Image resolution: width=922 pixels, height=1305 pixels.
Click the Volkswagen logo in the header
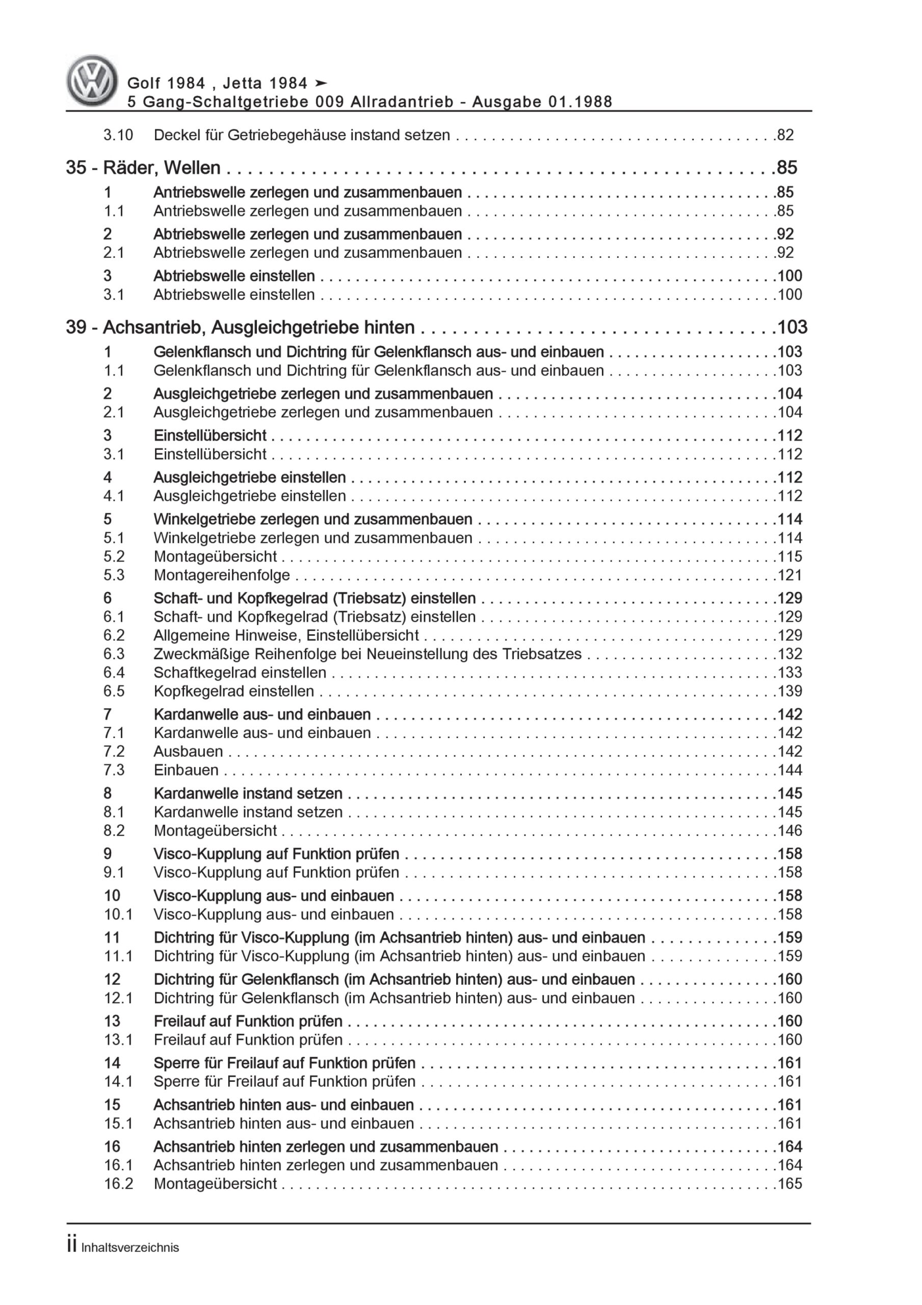(x=92, y=81)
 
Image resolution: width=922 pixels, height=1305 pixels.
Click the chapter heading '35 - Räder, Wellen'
(x=143, y=168)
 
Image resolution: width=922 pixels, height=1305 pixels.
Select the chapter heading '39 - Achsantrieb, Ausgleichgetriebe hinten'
(x=240, y=327)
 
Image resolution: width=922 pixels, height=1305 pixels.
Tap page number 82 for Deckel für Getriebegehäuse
(x=785, y=135)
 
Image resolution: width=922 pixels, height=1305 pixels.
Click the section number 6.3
(x=114, y=654)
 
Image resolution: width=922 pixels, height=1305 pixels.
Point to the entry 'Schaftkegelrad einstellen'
(x=240, y=672)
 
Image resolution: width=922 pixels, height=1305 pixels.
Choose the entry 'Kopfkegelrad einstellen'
(x=233, y=691)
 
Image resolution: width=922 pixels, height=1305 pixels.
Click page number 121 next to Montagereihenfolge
(x=789, y=575)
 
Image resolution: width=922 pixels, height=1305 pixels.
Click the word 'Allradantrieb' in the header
(x=402, y=102)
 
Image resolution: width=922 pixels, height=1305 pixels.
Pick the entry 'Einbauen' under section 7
(x=186, y=770)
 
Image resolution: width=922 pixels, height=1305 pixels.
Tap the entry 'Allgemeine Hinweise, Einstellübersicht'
(x=286, y=636)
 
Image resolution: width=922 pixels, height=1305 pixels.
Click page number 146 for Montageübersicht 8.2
(x=789, y=830)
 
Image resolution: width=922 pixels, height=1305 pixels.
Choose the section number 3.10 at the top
(x=118, y=135)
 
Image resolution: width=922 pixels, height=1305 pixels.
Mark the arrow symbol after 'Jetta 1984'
(x=321, y=83)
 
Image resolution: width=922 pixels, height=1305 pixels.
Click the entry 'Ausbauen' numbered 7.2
(x=188, y=751)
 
